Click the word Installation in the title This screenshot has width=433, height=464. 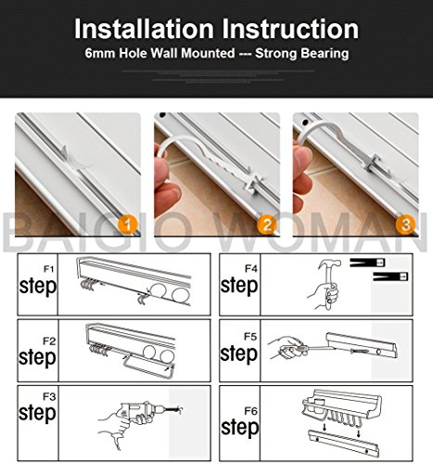point(144,29)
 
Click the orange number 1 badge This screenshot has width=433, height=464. point(128,224)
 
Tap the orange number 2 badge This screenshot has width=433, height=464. point(267,224)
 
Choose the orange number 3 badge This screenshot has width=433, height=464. point(406,224)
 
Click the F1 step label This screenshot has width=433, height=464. point(38,281)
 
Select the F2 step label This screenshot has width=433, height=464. point(37,353)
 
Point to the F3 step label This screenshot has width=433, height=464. point(37,407)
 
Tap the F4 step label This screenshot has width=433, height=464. point(239,280)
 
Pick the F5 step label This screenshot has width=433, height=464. point(238,348)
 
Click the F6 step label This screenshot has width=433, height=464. point(240,422)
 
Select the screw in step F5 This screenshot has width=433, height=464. point(360,351)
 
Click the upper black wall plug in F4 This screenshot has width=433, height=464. point(367,263)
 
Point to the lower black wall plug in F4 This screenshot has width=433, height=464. point(390,277)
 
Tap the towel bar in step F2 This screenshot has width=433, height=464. point(147,367)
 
